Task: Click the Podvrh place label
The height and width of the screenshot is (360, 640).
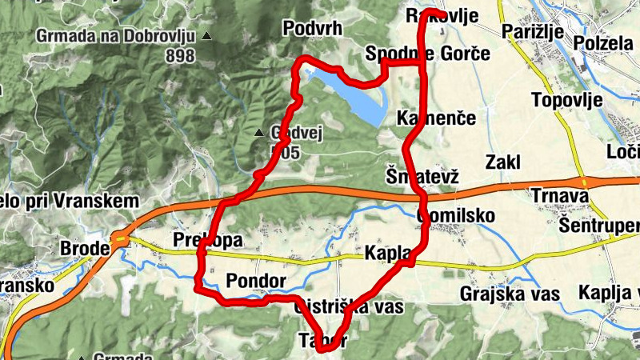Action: (313, 29)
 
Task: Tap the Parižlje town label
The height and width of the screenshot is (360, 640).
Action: (534, 32)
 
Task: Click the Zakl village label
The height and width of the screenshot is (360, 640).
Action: (502, 162)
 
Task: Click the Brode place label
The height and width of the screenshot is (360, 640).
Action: (85, 249)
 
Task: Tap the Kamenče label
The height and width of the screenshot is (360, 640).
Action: (436, 118)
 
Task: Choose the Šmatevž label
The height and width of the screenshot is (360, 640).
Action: (422, 176)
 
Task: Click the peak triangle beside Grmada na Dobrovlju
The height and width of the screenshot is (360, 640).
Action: (208, 36)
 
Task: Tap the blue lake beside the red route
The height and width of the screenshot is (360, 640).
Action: (360, 96)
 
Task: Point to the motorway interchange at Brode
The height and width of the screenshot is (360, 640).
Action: (120, 238)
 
